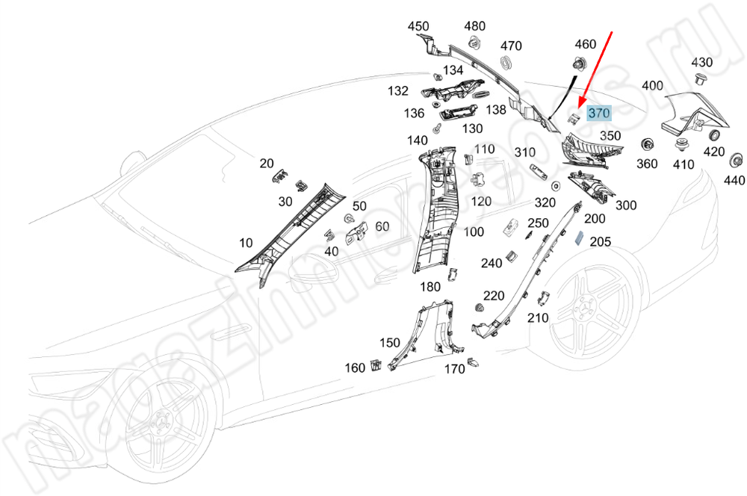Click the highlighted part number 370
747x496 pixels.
(599, 114)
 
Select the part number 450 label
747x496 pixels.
(419, 26)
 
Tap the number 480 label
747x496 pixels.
(475, 26)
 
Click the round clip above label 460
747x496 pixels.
(578, 64)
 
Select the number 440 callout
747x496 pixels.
(734, 180)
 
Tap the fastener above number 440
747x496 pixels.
(737, 159)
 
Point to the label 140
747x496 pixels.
(417, 140)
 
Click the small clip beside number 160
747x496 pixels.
(376, 365)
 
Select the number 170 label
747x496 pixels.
(454, 369)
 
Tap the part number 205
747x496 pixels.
(601, 241)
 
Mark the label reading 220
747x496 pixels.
(494, 297)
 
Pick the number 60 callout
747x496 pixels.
(382, 226)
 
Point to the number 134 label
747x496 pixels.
(453, 70)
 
